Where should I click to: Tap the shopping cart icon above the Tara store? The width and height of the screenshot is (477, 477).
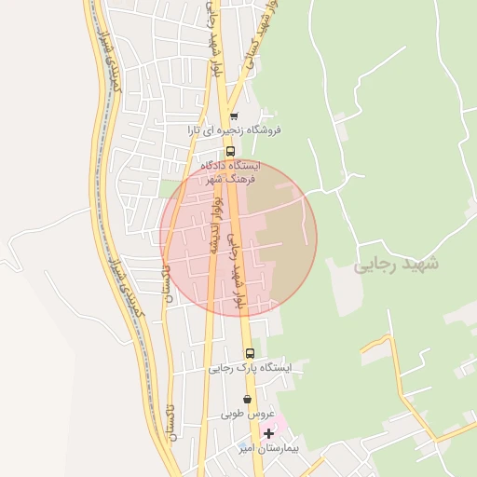[x=233, y=116]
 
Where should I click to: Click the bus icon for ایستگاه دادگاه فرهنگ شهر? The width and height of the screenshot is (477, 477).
[x=230, y=151]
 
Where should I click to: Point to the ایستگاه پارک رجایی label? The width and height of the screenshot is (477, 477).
[x=250, y=368]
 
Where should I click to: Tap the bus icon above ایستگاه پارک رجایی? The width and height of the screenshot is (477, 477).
[x=250, y=353]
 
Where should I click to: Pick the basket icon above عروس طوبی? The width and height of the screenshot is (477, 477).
[x=247, y=399]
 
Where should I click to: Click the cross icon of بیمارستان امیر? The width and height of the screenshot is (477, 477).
[x=269, y=433]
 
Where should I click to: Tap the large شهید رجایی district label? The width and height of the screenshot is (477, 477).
[x=396, y=265]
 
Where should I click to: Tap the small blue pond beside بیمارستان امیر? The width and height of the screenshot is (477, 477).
[x=244, y=445]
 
